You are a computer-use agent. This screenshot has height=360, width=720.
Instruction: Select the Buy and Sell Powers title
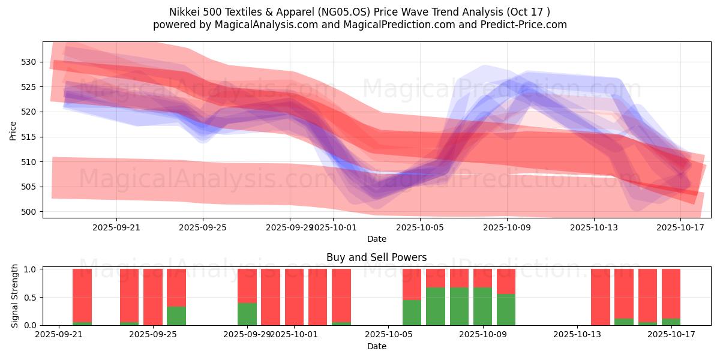[376, 257]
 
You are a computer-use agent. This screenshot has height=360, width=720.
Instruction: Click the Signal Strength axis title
[16, 296]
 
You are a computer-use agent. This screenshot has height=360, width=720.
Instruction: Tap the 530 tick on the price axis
[30, 62]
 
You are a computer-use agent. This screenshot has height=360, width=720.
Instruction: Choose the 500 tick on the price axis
[30, 212]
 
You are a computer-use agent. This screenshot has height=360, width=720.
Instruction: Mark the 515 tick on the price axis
[30, 137]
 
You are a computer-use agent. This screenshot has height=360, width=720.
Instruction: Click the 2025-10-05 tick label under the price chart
[420, 227]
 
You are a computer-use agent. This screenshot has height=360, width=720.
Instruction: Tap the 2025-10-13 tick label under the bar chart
[577, 334]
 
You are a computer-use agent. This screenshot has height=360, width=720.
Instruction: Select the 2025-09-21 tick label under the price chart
[116, 227]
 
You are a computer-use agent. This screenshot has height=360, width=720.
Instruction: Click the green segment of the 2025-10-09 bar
[506, 310]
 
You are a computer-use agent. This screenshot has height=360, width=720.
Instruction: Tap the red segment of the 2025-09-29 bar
[247, 286]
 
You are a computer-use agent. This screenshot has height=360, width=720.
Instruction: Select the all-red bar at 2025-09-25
[153, 297]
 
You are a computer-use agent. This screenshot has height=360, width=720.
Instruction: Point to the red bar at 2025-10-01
[294, 297]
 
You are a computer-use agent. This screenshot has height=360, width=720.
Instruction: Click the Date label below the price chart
[376, 239]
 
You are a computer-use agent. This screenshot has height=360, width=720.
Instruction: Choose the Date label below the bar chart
[376, 346]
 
